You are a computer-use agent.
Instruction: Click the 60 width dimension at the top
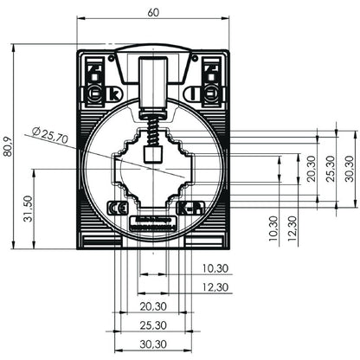[153, 13]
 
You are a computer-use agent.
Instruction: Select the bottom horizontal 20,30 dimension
[153, 306]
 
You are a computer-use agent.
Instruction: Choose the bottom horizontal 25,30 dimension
[153, 325]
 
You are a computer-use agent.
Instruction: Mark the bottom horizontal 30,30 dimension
[153, 344]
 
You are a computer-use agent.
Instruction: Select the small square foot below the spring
[153, 156]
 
